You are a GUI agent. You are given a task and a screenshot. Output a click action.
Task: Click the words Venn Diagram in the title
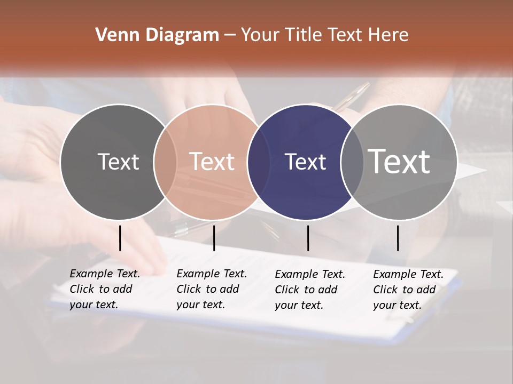pos(157,35)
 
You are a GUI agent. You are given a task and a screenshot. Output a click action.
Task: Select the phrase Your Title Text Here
pos(324,35)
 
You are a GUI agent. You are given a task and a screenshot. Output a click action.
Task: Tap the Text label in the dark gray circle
pos(118,162)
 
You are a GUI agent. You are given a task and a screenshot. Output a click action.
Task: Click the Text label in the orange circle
pos(212,162)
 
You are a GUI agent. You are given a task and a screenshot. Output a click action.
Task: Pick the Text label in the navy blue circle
pos(305,162)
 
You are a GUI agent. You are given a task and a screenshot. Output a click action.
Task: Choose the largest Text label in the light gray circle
pos(399,161)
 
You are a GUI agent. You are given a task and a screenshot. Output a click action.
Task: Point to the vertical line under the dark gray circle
pos(120,238)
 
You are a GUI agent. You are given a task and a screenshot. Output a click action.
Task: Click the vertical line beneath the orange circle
pos(214,238)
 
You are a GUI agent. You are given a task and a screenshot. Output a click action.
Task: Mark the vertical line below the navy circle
pos(308,238)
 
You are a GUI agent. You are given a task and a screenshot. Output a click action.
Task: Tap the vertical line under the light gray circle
pos(398,238)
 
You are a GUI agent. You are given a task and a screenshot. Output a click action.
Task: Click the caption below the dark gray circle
pos(105,289)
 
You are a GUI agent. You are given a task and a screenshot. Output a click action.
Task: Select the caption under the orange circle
pos(212,289)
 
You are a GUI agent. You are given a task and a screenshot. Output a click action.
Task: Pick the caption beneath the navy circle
pos(310,290)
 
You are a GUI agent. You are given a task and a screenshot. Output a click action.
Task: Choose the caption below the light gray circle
pos(408,290)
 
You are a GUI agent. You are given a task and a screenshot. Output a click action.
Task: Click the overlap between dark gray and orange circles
pos(165,162)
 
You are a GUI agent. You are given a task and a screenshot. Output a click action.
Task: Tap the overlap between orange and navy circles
pos(259,162)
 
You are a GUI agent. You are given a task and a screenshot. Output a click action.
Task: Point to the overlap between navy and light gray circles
pos(352,162)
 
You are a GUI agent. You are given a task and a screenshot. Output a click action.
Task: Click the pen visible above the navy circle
pos(353,97)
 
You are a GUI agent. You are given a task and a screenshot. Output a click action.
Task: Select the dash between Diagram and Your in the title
pos(230,35)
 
